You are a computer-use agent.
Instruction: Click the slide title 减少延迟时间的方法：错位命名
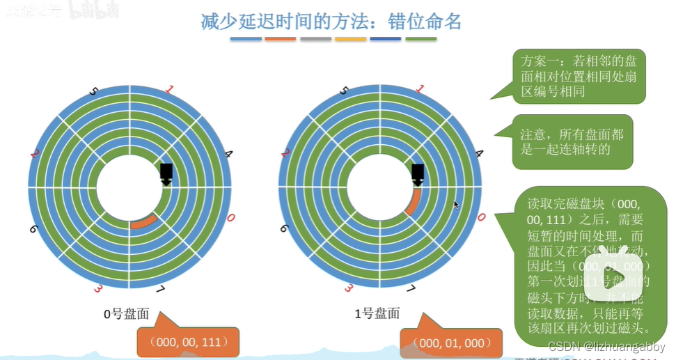coord(331,21)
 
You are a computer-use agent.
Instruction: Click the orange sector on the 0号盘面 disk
coord(143,221)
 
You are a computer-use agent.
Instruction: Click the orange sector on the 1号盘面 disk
coord(414,202)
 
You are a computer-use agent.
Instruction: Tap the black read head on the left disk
coord(166,174)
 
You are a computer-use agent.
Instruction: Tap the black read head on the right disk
coord(418,174)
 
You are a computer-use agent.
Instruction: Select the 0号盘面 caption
coord(126,314)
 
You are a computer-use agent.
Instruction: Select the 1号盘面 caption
coord(377,314)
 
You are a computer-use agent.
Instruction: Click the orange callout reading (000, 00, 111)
coord(188,341)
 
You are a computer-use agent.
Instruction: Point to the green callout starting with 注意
coord(572,141)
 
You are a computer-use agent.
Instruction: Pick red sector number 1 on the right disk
coord(419,89)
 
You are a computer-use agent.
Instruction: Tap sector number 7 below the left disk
coord(159,289)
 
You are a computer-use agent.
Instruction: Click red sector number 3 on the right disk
coord(347,288)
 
